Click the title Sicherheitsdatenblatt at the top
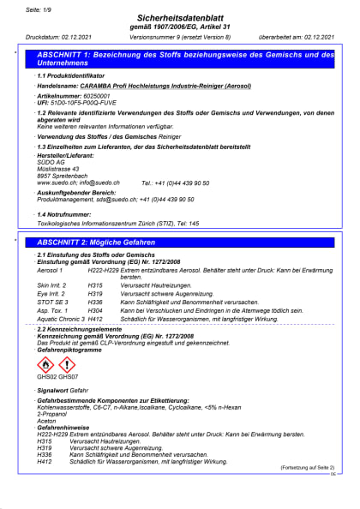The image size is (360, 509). click(x=180, y=17)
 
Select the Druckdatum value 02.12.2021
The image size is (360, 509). click(x=81, y=39)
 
